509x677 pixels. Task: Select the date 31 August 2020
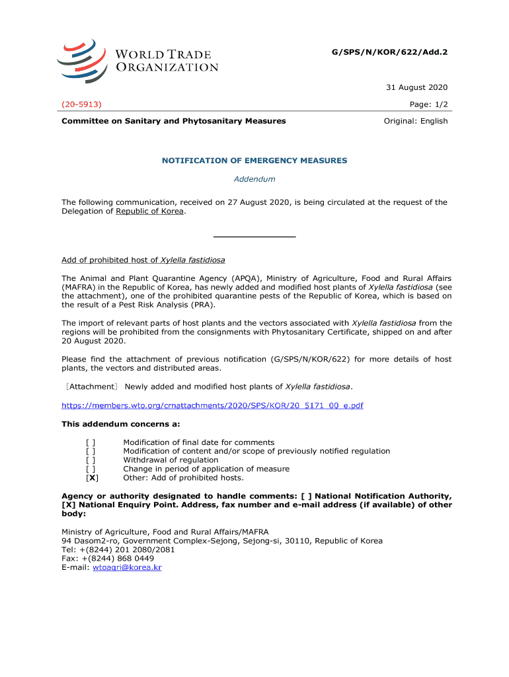pos(417,87)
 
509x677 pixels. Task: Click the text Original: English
pos(416,121)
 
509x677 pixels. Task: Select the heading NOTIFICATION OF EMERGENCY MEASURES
pos(255,161)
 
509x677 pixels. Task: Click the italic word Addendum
pos(255,179)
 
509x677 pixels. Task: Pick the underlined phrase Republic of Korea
pos(151,212)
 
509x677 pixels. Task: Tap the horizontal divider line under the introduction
pos(255,236)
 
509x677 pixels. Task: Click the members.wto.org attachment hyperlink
pos(212,405)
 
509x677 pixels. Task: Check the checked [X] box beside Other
pos(93,478)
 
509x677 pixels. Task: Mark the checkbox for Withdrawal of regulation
pos(90,460)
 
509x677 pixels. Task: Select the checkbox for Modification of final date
pos(90,442)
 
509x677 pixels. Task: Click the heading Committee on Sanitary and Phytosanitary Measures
pos(174,121)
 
